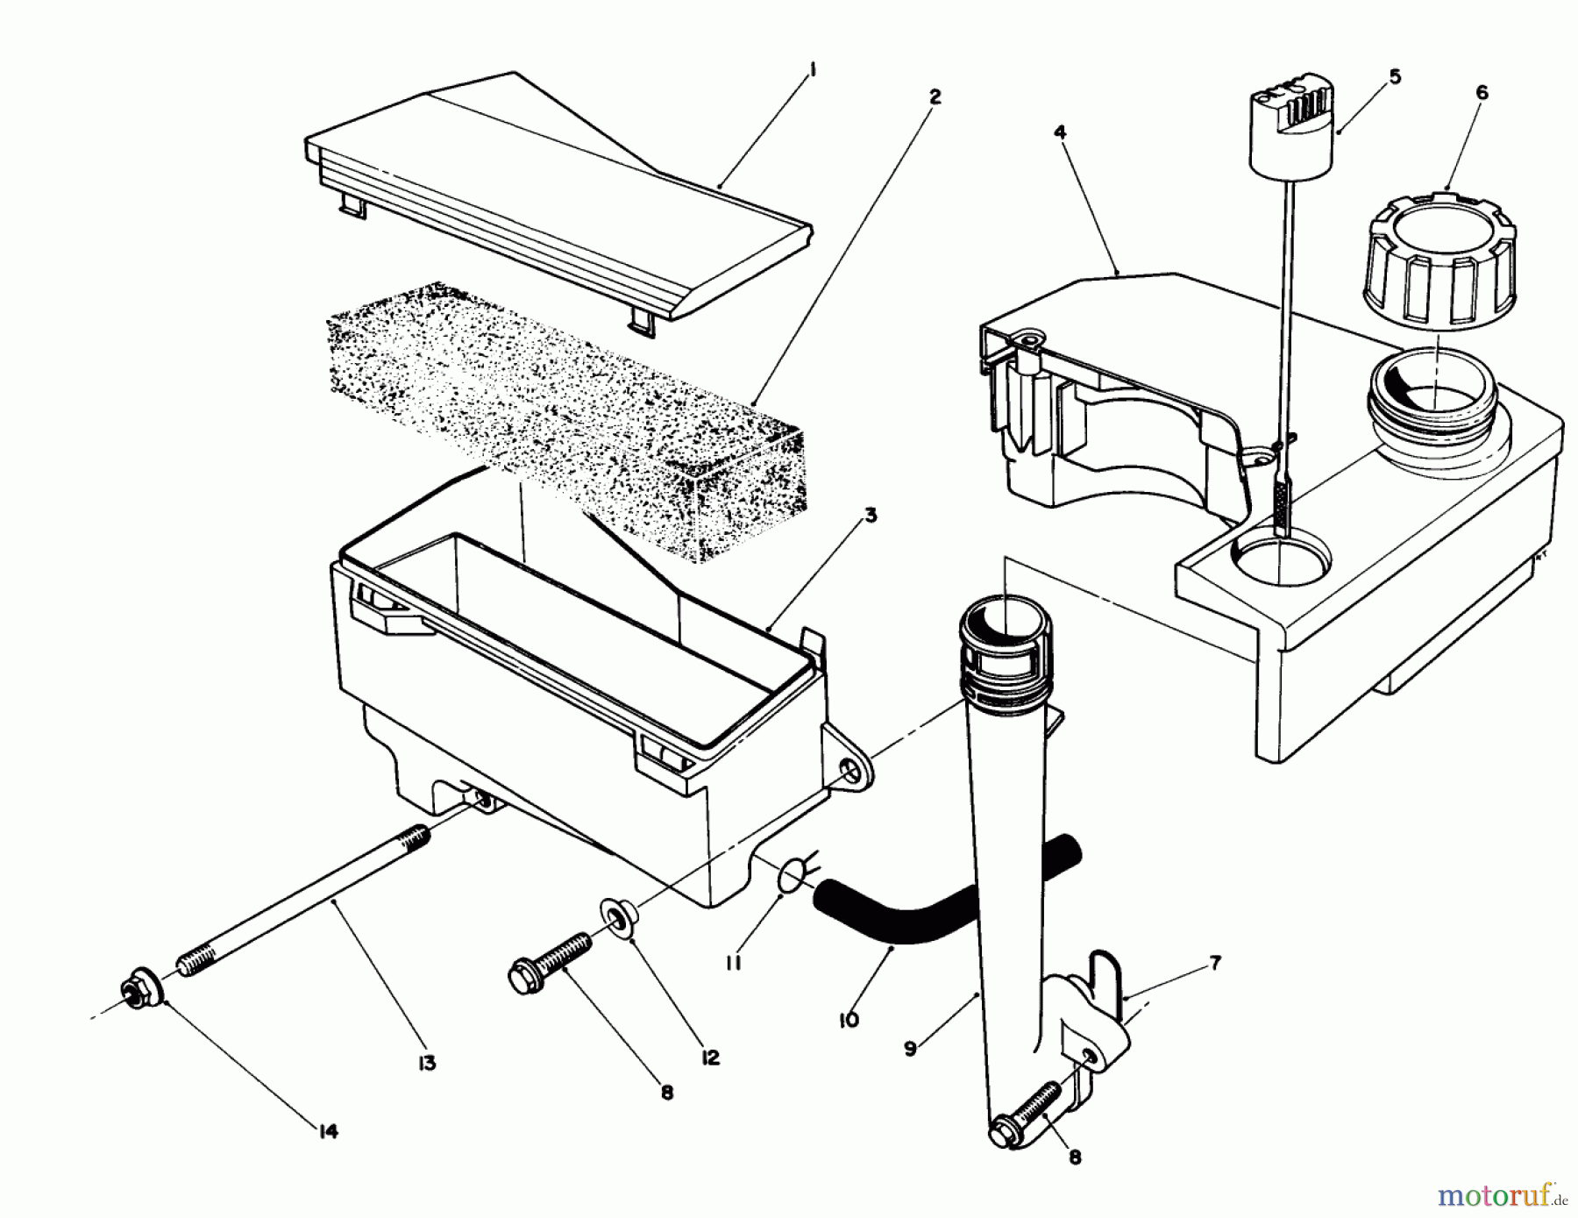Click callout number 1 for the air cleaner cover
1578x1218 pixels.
click(x=812, y=72)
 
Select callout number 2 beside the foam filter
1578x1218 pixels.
click(x=935, y=96)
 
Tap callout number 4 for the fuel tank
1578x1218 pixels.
click(x=1060, y=133)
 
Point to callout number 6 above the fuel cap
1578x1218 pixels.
click(x=1481, y=92)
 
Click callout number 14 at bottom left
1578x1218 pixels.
click(x=327, y=1131)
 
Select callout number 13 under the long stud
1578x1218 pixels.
click(x=426, y=1064)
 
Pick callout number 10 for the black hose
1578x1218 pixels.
click(x=848, y=1020)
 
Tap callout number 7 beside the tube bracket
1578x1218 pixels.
click(x=1214, y=964)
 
